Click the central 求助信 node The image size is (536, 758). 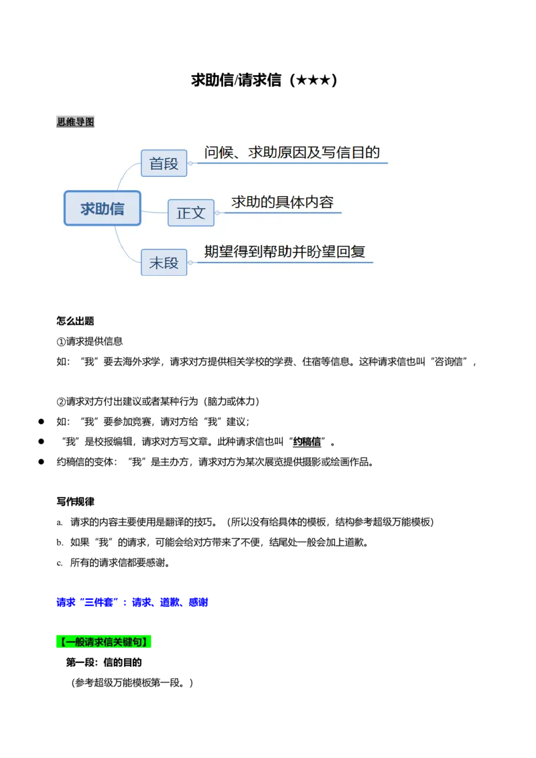[103, 208]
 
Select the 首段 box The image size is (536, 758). [164, 163]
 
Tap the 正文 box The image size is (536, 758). [191, 213]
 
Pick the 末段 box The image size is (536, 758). [164, 262]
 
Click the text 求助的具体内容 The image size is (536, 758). [282, 202]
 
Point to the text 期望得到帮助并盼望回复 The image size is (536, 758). [285, 252]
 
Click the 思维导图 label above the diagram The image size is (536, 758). [75, 121]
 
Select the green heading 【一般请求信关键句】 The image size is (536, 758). [104, 641]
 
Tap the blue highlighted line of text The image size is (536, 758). [131, 602]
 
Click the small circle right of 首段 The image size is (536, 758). [190, 163]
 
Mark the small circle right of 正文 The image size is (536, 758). [217, 213]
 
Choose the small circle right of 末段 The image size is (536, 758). [190, 262]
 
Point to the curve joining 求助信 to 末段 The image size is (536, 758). [125, 244]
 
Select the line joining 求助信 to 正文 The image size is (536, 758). [154, 212]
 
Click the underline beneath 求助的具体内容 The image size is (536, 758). [281, 213]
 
